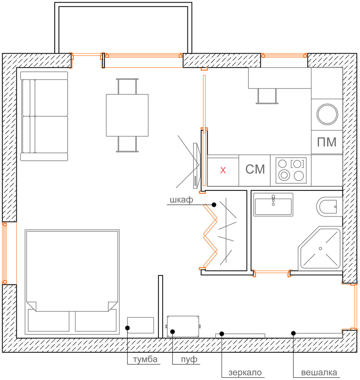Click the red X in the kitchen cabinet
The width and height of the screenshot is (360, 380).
223,170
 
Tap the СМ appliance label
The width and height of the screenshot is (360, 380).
255,169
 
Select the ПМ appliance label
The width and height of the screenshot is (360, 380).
327,142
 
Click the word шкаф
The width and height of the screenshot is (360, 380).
181,200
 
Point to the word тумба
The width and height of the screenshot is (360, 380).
145,359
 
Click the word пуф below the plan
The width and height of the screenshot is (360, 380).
189,359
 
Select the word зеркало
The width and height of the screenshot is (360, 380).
245,372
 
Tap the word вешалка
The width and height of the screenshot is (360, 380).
319,372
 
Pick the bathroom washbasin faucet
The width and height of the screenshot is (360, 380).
273,200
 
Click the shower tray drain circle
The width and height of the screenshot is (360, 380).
320,249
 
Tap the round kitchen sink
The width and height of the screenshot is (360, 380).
327,114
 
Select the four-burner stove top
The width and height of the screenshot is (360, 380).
291,170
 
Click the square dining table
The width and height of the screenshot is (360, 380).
127,115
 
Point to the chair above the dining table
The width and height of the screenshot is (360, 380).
127,86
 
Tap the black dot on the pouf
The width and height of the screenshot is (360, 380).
172,331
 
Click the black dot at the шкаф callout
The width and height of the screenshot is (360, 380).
214,205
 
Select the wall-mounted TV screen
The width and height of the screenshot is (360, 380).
196,166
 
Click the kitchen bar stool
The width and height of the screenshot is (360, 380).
267,96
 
